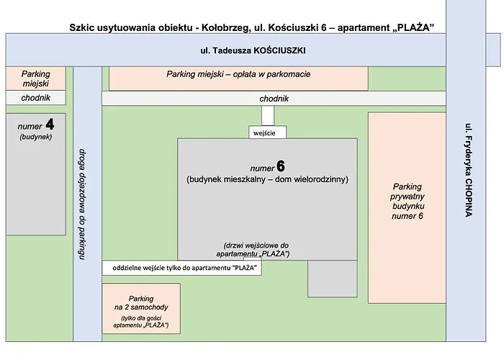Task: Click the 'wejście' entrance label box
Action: click(x=267, y=132)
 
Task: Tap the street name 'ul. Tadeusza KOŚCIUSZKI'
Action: click(x=253, y=52)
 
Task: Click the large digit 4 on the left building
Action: click(x=50, y=123)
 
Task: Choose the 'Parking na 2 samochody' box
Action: click(x=140, y=308)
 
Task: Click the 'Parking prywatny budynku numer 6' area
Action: click(x=408, y=207)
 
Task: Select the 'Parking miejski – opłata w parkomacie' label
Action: click(x=238, y=74)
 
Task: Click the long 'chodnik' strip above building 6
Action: click(x=274, y=99)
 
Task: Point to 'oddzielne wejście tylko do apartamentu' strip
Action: click(x=182, y=267)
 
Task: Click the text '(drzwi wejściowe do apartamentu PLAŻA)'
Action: click(x=256, y=250)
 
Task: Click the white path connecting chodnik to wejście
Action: click(x=267, y=115)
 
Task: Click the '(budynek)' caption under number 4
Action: click(x=36, y=136)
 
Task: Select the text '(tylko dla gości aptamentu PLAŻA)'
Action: click(x=140, y=322)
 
